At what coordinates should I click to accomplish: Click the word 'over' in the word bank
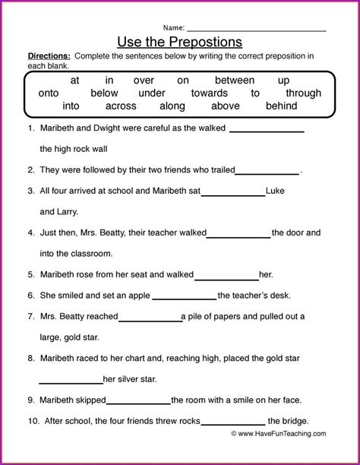point(144,79)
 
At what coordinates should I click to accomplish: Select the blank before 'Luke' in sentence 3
point(232,193)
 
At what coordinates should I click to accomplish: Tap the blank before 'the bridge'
point(233,423)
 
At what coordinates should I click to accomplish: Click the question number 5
point(30,274)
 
